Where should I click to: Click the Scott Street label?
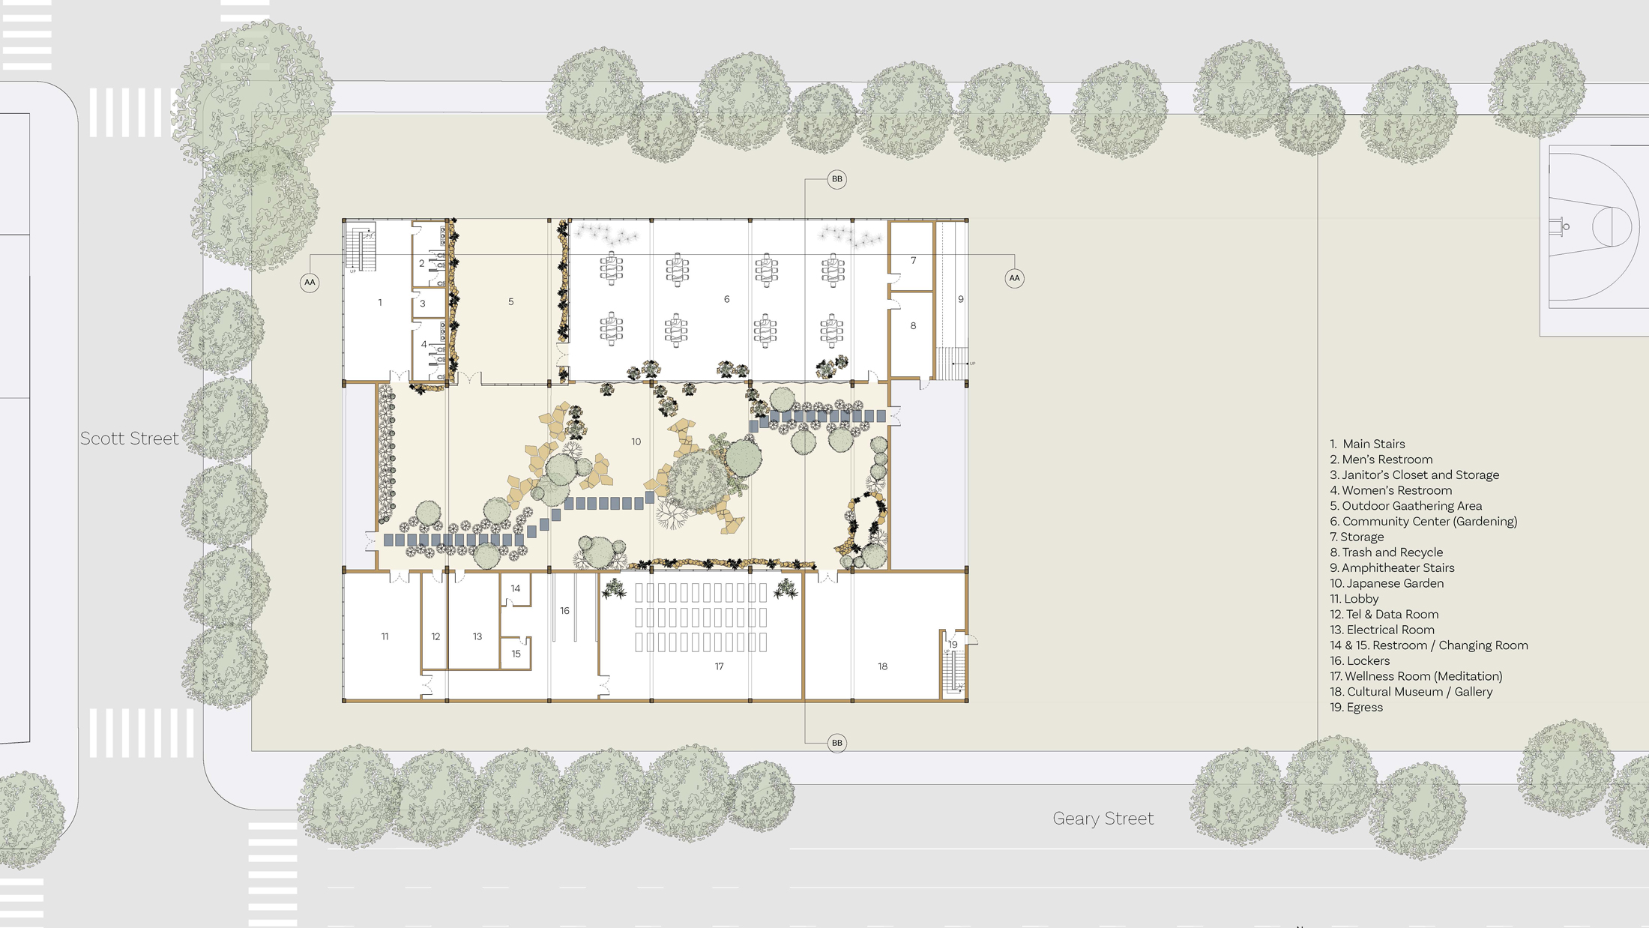[x=130, y=439]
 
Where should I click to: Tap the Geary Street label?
[x=1103, y=819]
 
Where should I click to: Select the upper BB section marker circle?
[x=836, y=179]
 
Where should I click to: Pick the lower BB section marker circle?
[x=836, y=743]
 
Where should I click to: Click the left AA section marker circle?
[x=310, y=283]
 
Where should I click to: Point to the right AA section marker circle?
[x=1014, y=278]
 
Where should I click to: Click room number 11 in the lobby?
[x=385, y=636]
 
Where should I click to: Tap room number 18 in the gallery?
[x=882, y=666]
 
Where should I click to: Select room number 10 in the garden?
[x=636, y=442]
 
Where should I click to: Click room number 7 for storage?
[x=913, y=261]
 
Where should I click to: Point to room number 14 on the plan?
[x=515, y=588]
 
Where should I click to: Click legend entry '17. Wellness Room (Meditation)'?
[x=1416, y=676]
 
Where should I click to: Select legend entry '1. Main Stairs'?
[x=1367, y=444]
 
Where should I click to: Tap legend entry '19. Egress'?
[x=1356, y=707]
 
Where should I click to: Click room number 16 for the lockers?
[x=564, y=611]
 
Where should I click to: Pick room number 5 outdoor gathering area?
[x=511, y=302]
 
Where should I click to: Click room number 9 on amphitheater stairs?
[x=961, y=299]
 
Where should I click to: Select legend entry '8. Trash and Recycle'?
[x=1386, y=552]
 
